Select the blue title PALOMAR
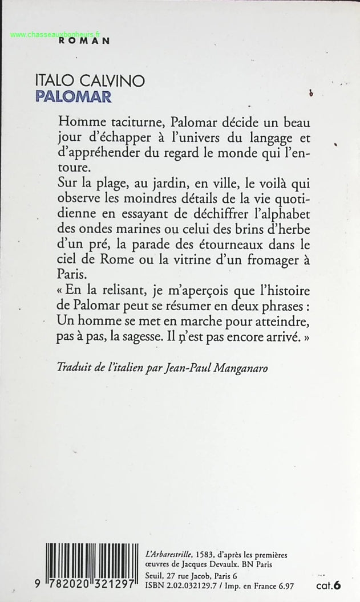[72, 95]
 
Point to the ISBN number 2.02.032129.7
[191, 584]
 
